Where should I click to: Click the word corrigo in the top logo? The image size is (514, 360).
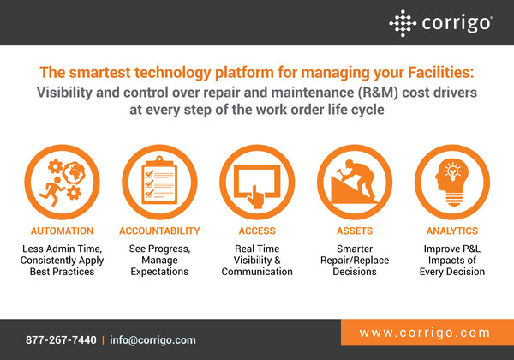point(455,22)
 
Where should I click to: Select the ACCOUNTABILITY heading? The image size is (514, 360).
point(158,231)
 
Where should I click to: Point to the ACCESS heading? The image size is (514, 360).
point(257,231)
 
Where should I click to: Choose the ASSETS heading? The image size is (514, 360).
point(356,231)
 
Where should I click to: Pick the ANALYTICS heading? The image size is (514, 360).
point(452,231)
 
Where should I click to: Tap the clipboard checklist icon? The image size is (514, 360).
point(158,178)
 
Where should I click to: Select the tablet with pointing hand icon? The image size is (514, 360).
point(257,178)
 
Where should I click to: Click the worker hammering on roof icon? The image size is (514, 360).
point(356,178)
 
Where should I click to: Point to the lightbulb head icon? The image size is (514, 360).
point(452,178)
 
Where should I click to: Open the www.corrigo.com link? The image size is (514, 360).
point(425,333)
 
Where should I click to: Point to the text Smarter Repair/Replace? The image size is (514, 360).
point(356,255)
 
